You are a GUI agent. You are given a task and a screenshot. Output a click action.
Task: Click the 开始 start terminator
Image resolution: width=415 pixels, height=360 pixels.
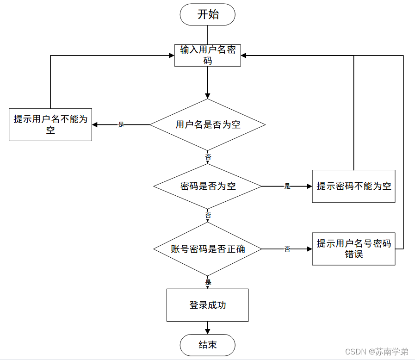208,14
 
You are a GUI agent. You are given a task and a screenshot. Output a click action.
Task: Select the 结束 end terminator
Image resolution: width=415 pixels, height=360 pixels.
208,345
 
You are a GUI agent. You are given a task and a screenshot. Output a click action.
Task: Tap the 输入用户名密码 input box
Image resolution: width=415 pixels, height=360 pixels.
208,55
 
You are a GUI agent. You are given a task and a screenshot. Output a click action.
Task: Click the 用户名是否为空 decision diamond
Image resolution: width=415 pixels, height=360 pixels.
208,124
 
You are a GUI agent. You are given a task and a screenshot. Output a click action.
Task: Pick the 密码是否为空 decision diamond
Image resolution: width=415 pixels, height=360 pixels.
208,186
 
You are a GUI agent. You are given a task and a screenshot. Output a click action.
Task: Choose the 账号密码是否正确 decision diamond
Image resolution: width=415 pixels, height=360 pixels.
208,249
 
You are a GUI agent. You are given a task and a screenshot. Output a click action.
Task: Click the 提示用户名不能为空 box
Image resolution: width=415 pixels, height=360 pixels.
50,124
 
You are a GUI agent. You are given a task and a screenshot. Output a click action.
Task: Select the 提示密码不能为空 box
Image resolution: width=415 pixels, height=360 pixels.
353,186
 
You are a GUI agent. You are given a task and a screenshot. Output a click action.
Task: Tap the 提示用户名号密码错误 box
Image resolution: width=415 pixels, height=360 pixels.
353,249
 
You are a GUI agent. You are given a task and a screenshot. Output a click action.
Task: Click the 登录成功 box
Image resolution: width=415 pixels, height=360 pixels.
208,305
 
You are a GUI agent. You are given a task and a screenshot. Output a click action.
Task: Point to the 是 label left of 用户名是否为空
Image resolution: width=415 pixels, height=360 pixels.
121,124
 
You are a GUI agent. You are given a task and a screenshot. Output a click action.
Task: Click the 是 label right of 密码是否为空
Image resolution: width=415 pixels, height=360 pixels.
287,186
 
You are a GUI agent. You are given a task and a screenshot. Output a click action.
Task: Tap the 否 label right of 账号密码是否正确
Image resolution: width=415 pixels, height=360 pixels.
287,249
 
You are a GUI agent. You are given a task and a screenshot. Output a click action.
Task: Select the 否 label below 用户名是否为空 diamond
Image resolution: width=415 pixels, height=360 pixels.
208,157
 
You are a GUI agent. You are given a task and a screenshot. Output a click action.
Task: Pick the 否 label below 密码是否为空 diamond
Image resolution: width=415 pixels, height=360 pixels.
208,216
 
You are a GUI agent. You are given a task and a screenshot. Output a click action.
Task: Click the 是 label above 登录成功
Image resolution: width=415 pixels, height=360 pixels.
208,282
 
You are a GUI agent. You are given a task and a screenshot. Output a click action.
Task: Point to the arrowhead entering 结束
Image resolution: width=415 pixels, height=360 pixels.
208,331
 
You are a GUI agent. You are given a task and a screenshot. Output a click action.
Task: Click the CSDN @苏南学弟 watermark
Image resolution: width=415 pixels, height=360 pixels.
378,352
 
